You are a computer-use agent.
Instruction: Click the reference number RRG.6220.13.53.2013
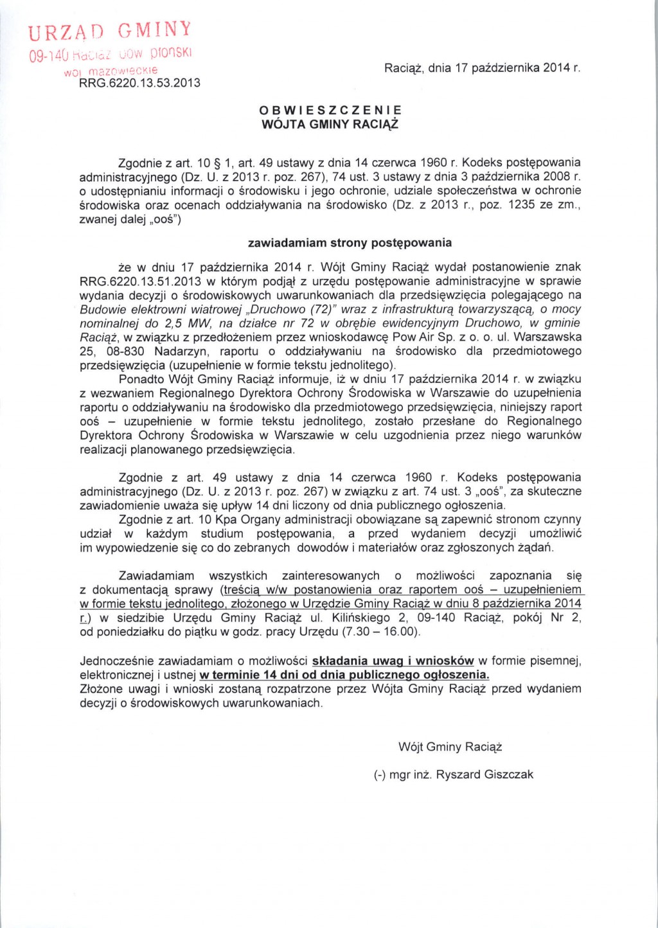(x=139, y=83)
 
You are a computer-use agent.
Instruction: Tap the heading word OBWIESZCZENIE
(x=330, y=111)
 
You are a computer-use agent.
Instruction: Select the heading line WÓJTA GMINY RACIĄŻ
(x=330, y=124)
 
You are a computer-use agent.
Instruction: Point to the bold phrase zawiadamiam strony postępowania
(x=350, y=243)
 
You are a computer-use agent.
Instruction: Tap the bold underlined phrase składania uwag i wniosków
(x=393, y=661)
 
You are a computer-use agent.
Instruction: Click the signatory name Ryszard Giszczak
(x=485, y=775)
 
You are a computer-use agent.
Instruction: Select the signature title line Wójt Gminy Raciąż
(x=450, y=747)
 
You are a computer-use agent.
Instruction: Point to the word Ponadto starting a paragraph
(x=142, y=379)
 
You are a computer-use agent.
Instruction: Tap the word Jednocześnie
(x=116, y=661)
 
